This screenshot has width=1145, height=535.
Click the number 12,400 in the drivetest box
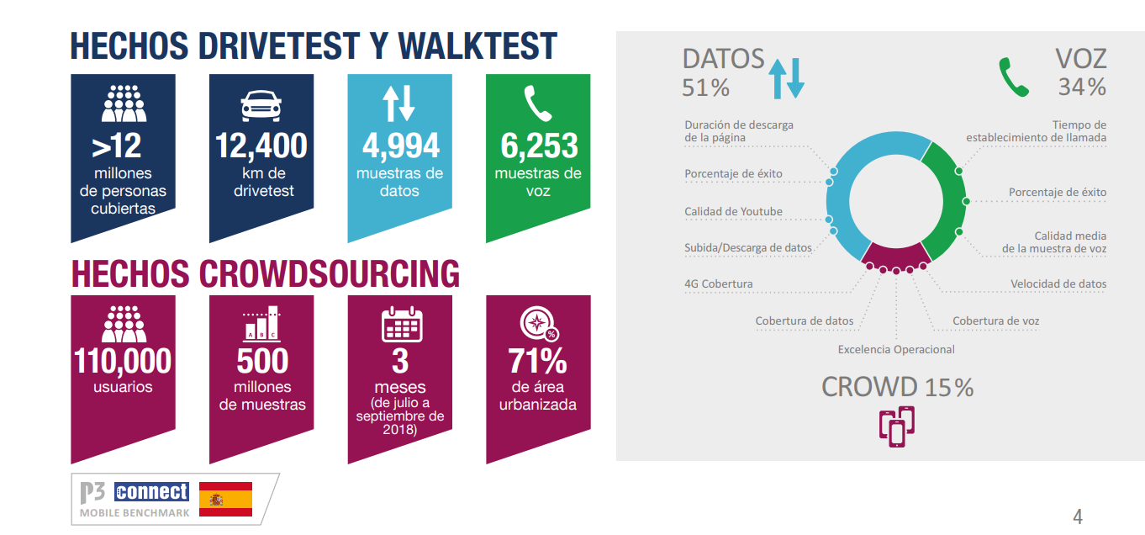pos(261,146)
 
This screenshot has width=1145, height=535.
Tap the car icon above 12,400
pos(261,106)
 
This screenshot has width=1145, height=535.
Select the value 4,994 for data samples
pos(400,146)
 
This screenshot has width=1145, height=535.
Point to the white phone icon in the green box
pos(538,103)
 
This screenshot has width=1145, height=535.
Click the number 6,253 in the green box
pos(539,146)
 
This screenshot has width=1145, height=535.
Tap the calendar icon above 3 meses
pos(402,324)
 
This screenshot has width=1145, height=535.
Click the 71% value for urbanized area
pos(538,361)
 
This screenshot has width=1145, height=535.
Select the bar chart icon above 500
pos(261,323)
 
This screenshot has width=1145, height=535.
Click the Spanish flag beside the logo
pos(225,499)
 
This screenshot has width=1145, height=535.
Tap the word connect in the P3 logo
pos(151,491)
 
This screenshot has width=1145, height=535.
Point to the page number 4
pos(1078,516)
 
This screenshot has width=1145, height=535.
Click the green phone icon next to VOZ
pos(1014,77)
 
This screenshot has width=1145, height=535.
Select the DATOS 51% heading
pos(723,73)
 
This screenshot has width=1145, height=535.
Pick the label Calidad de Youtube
pos(733,211)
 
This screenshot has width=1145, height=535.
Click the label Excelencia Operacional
pos(896,349)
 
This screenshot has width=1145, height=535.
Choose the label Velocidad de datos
pos(1058,283)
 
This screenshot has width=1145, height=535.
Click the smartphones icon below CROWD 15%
pos(897,426)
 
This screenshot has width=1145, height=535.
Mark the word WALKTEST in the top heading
pos(478,46)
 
